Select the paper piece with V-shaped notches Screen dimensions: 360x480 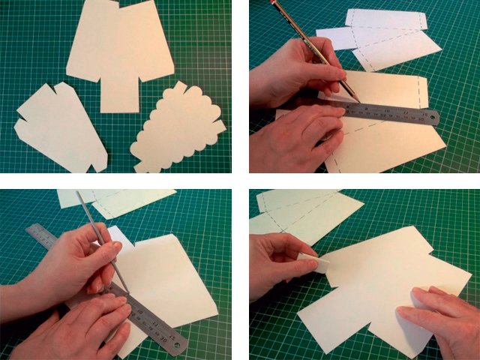pos(60,128)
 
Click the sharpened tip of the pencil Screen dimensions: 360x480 pos(358,101)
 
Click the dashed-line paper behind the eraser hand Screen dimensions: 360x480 pos(315,214)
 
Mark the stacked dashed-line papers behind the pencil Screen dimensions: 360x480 pos(382,37)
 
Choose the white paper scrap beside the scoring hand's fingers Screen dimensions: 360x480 pos(120,235)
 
